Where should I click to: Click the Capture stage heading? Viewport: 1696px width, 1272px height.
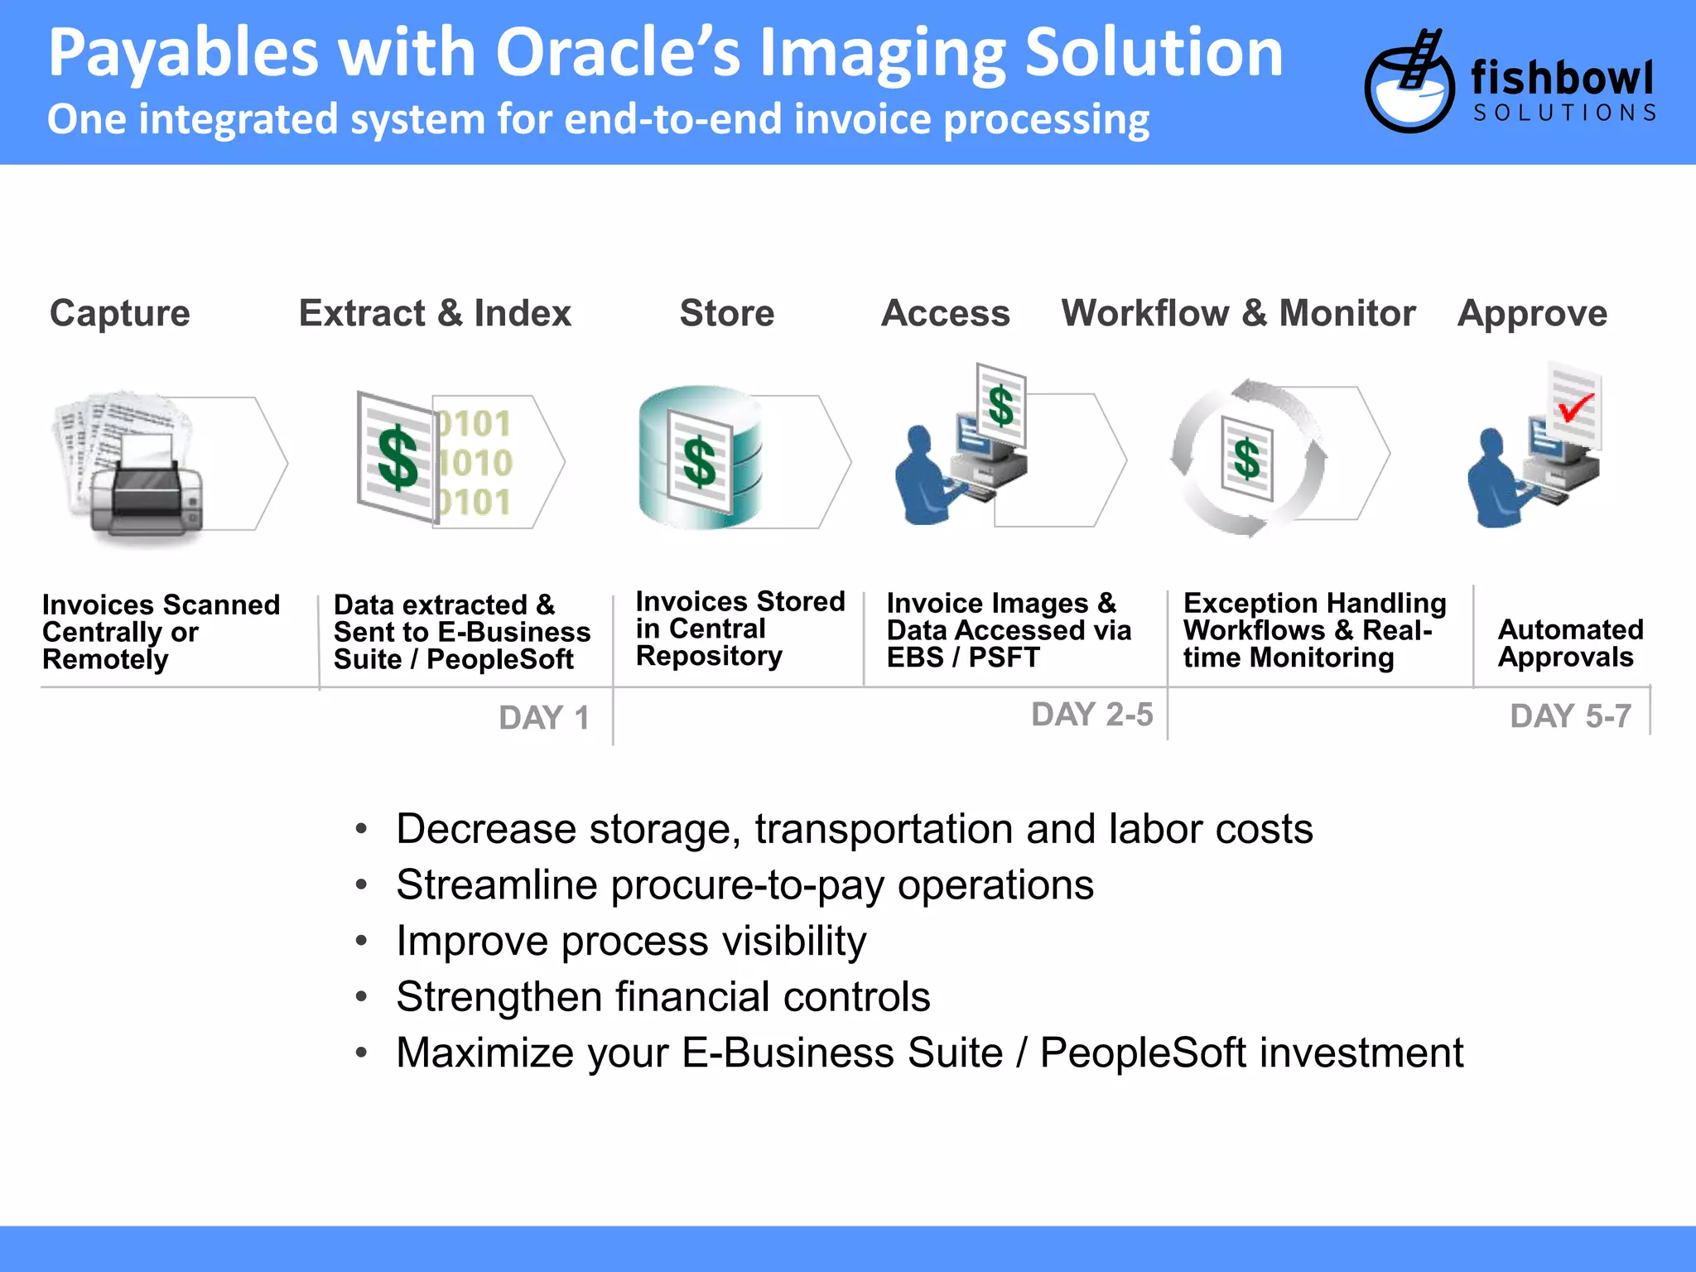120,314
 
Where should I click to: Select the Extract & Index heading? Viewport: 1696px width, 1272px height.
435,314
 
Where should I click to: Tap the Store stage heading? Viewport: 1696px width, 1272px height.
727,314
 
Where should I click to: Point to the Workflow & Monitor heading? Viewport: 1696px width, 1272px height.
1238,314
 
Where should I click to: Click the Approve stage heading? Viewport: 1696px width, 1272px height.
1532,314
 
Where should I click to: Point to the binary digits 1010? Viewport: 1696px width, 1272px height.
475,463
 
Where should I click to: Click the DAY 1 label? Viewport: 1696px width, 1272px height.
544,718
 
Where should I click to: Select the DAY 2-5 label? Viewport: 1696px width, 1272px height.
1091,715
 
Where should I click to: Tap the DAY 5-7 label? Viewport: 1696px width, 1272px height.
1571,716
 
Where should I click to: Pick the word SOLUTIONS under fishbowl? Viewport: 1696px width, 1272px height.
1564,113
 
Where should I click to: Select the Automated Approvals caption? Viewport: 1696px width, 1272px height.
1570,643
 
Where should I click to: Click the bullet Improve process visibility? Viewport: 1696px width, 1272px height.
631,941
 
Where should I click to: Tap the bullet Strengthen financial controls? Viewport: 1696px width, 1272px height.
662,997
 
